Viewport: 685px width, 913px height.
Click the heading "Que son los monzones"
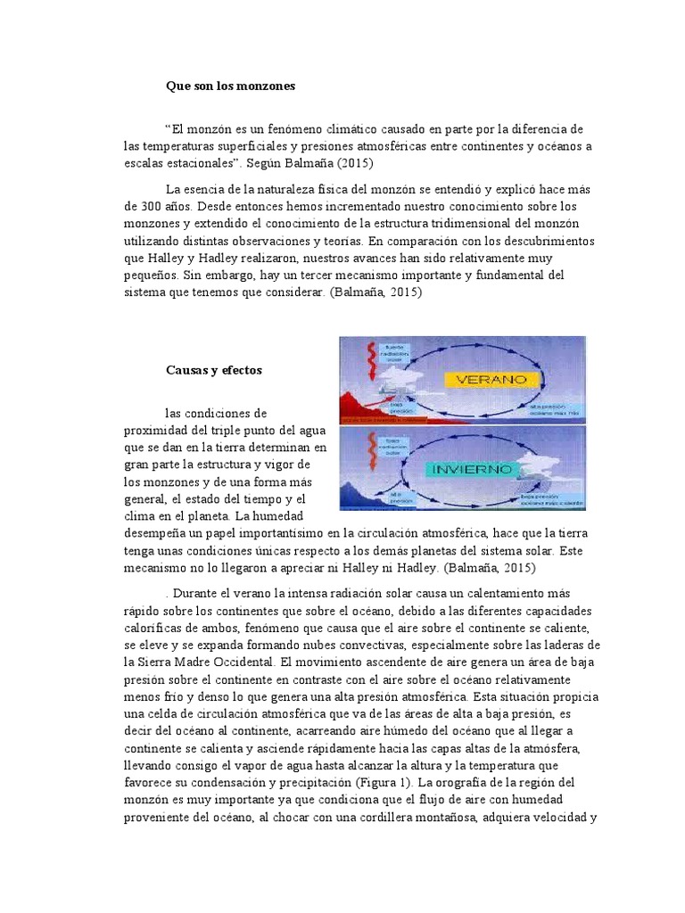[230, 86]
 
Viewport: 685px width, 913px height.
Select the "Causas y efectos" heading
[214, 369]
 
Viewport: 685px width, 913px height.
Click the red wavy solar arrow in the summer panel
[351, 366]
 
